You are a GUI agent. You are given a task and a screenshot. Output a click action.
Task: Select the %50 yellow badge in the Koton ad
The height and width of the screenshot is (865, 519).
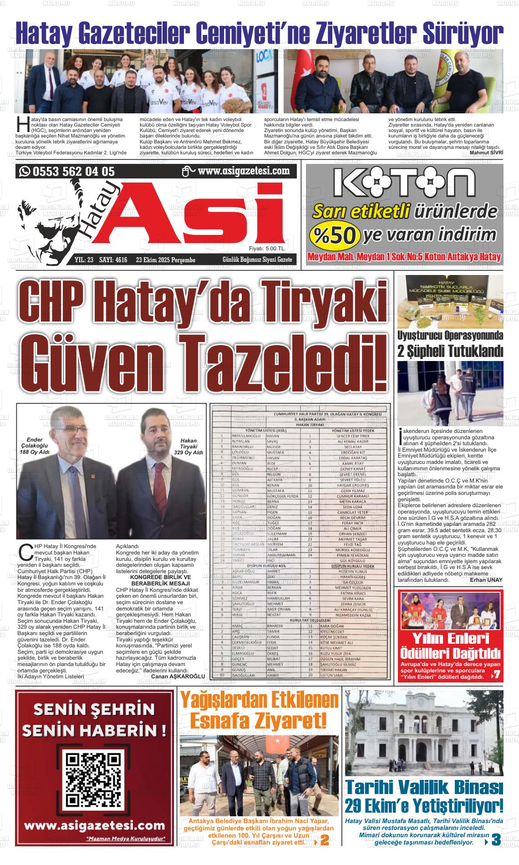pyautogui.click(x=335, y=235)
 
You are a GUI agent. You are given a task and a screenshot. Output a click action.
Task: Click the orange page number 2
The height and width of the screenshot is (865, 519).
pyautogui.click(x=325, y=841)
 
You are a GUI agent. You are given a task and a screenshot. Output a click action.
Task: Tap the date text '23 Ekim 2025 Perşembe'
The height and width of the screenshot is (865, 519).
pyautogui.click(x=166, y=260)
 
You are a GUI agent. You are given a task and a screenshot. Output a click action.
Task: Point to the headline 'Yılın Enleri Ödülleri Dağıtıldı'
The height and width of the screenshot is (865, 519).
pyautogui.click(x=450, y=646)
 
